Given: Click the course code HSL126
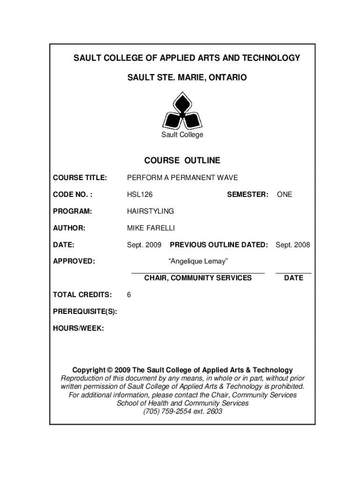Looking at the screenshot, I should [x=140, y=194].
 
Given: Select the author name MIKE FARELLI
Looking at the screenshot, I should [x=151, y=228].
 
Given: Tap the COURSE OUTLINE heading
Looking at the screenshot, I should [x=182, y=160].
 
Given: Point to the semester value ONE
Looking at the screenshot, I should [x=284, y=194].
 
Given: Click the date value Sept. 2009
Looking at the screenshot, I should [x=144, y=245].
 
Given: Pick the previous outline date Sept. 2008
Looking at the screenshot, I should [x=293, y=245].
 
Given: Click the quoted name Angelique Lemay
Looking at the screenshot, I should [x=198, y=261].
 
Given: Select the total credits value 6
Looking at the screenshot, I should [x=129, y=295].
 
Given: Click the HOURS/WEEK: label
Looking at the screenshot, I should [x=79, y=328].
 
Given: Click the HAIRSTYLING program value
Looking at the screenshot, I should [x=151, y=211].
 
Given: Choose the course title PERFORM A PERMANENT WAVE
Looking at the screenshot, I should [x=182, y=177].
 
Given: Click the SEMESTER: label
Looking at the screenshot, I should [x=248, y=194].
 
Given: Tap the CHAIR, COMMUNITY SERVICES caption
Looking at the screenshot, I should [x=198, y=278].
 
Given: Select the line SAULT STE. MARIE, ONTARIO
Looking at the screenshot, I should [x=187, y=77].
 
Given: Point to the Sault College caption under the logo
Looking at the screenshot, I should [x=182, y=135].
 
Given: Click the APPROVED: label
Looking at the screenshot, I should [x=74, y=261].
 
